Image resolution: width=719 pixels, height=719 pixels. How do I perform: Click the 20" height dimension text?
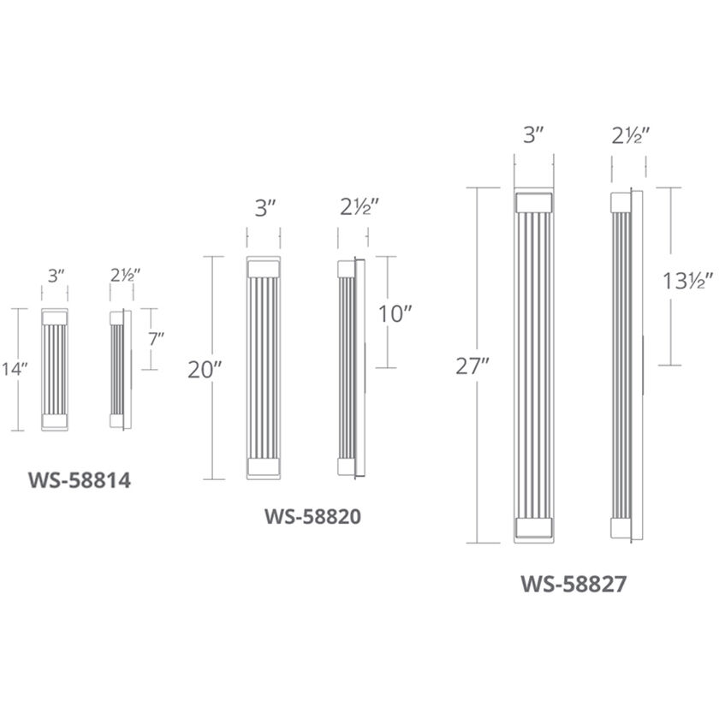coord(205,369)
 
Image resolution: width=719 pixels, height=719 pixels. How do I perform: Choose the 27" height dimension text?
coord(472,365)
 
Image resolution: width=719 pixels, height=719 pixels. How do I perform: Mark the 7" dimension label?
coord(156,339)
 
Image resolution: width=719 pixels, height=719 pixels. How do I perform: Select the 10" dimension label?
coord(395,312)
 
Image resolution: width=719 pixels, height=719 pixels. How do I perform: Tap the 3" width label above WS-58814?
coord(57,276)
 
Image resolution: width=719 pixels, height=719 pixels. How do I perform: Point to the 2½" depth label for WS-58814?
coord(124,276)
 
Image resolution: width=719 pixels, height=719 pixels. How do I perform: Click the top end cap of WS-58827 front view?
coord(533,202)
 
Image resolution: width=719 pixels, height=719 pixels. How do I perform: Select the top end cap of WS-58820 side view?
coord(346,268)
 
